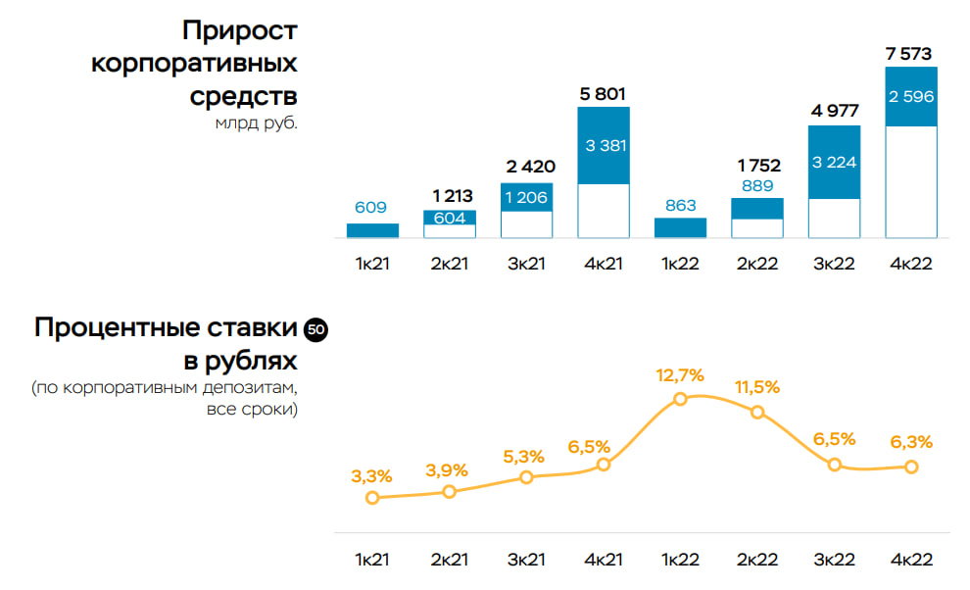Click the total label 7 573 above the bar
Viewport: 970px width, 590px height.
tap(910, 54)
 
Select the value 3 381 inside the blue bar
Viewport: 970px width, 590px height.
tap(604, 145)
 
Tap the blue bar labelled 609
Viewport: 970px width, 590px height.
tap(372, 230)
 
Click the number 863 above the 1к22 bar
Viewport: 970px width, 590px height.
tap(680, 206)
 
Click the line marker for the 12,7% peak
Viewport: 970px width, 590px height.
tap(680, 399)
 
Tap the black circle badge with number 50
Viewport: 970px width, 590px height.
tap(315, 330)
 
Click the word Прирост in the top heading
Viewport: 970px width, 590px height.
tap(239, 30)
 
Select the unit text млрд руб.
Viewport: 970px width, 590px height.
tap(256, 123)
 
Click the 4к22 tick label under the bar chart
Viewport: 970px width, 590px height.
tap(910, 265)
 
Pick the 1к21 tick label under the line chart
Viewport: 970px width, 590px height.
tap(372, 560)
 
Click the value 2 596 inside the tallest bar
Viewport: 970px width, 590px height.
tap(910, 97)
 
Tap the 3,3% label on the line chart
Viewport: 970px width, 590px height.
tap(372, 476)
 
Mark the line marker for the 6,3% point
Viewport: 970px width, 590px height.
tap(911, 467)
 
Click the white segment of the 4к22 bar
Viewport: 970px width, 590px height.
tap(910, 181)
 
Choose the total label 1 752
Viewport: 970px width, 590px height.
tap(757, 166)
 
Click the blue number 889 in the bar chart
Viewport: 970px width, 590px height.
tap(757, 185)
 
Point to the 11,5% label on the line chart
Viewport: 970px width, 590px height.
tap(757, 387)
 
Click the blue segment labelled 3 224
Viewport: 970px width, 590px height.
tap(834, 162)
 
